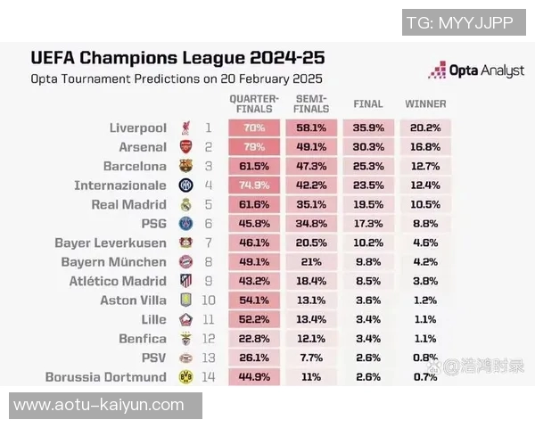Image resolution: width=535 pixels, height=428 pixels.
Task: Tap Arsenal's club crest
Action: pos(185,147)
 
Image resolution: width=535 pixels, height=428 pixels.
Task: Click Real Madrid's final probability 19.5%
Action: pos(368,204)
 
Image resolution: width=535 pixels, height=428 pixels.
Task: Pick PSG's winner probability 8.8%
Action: pos(425,224)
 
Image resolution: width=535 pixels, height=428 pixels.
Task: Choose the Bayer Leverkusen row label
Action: pos(111,243)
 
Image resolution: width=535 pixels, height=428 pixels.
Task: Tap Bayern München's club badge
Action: pos(185,262)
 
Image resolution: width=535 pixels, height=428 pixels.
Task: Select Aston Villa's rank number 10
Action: pos(209,300)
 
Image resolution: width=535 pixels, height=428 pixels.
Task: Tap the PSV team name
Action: pos(153,358)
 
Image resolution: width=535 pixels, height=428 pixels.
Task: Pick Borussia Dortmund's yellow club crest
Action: pos(185,377)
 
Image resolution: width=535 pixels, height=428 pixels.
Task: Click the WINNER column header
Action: pos(425,104)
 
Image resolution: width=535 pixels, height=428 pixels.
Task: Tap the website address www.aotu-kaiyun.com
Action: pos(99,406)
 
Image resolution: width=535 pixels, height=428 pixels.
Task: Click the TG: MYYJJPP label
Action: pos(459,22)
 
